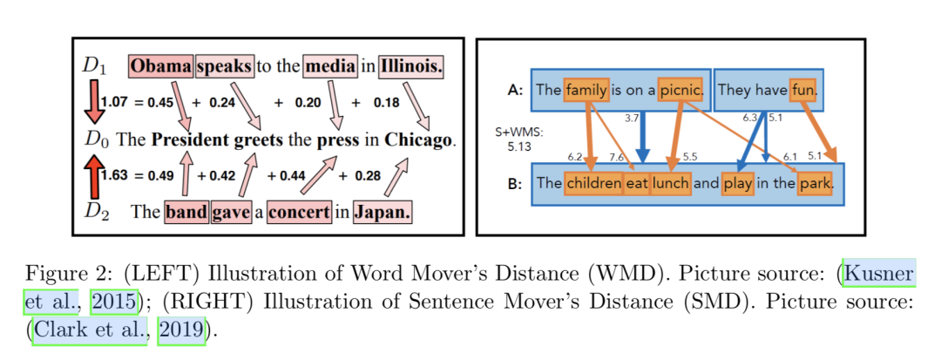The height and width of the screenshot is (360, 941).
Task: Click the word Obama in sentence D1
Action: [x=161, y=65]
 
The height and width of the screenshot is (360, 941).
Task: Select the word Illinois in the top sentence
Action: [x=412, y=65]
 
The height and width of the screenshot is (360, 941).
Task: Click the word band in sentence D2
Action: [x=186, y=211]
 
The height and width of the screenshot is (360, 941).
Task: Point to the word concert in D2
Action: [x=299, y=211]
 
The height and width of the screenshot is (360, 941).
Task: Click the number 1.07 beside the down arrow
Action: [x=114, y=103]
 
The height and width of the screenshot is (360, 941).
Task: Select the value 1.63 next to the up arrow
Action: [x=114, y=175]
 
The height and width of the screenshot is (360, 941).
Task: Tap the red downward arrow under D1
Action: [x=92, y=103]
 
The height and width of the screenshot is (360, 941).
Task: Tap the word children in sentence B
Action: [x=593, y=183]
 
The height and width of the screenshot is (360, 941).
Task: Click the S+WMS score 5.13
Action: [x=520, y=146]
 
